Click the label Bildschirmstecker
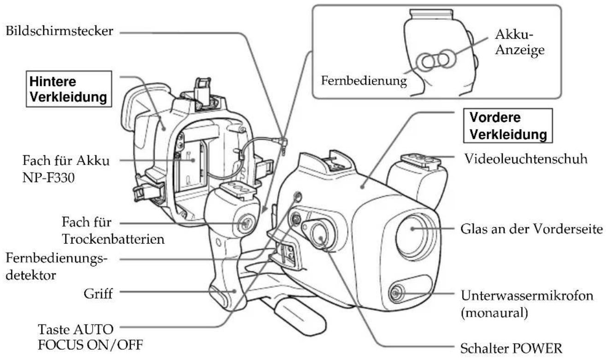(x=59, y=31)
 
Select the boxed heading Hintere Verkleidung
(x=69, y=89)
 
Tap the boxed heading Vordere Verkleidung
(x=508, y=126)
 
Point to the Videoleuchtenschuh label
(x=526, y=159)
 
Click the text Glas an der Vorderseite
(x=532, y=229)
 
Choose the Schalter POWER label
(x=512, y=348)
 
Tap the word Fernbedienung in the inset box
(x=364, y=81)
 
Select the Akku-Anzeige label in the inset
(x=520, y=42)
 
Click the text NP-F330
(x=48, y=178)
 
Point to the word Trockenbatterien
(x=113, y=239)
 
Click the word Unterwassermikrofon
(x=527, y=295)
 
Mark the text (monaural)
(x=494, y=313)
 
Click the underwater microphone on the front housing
(x=397, y=293)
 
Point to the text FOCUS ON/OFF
(x=90, y=345)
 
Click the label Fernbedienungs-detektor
(x=56, y=266)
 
